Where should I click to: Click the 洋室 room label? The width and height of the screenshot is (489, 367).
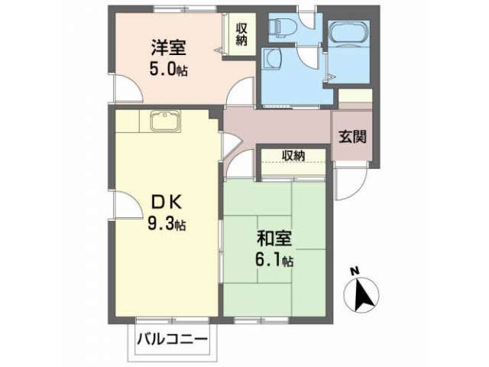[168, 47]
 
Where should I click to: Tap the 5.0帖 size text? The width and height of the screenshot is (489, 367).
[168, 70]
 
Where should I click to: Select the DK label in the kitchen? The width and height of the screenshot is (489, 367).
[167, 203]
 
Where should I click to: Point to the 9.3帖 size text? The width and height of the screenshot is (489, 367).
[167, 223]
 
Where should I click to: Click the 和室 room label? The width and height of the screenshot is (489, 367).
[274, 239]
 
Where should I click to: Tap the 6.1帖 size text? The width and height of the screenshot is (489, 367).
[274, 260]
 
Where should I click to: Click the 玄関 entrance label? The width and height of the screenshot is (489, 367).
[353, 136]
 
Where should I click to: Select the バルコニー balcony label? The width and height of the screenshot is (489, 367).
[172, 339]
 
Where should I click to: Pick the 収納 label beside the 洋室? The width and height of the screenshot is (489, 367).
[241, 34]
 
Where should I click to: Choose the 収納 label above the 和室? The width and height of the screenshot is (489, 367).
[293, 155]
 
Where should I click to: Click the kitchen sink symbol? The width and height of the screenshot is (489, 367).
[166, 121]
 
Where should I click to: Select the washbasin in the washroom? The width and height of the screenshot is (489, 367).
[272, 58]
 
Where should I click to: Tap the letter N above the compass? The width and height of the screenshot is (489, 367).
[355, 271]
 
